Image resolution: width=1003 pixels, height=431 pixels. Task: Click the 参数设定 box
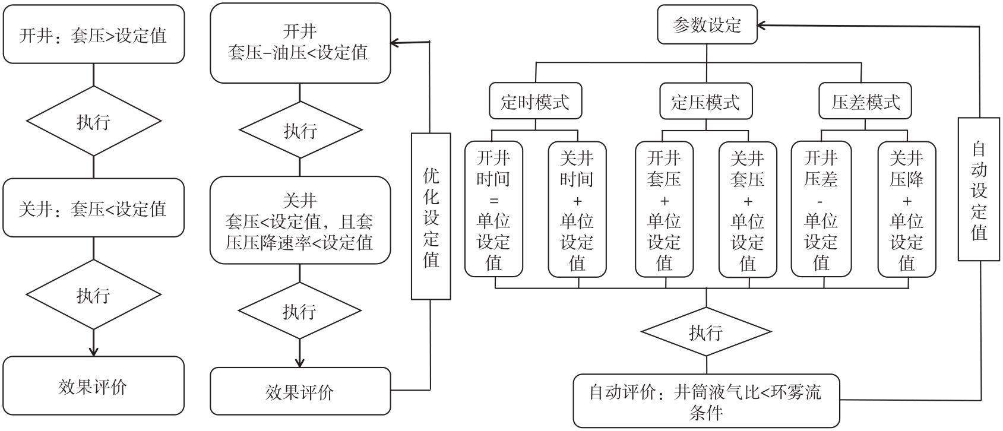pos(707,25)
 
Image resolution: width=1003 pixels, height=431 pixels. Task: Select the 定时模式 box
pos(535,102)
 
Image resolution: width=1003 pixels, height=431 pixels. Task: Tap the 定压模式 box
pos(706,102)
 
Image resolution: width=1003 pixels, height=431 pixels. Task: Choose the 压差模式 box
pos(865,102)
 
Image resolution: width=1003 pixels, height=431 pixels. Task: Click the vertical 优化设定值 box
pos(431,216)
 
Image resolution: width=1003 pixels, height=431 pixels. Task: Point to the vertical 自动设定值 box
pos(978,189)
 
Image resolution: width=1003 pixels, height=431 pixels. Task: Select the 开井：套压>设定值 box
pos(93,35)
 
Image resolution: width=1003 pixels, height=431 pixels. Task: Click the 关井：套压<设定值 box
pos(93,208)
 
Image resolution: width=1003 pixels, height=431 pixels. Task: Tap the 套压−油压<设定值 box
pos(300,43)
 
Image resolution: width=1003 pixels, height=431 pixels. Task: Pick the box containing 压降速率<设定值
pos(300,220)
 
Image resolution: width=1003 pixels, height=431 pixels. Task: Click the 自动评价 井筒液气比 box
pos(706,401)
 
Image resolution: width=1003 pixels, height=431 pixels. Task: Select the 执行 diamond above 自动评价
pos(706,332)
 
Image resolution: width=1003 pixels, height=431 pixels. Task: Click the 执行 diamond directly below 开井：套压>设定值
pos(93,121)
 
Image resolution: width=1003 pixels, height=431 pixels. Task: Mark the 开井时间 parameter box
pos(493,210)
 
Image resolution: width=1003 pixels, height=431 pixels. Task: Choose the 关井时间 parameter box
pos(577,210)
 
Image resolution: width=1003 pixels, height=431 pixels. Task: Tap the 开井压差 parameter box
pos(821,210)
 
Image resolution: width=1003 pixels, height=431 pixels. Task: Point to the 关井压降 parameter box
pos(907,210)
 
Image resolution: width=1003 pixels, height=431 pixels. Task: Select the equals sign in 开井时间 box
pos(493,199)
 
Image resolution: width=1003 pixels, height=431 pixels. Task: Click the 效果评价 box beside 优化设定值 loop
pos(300,391)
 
